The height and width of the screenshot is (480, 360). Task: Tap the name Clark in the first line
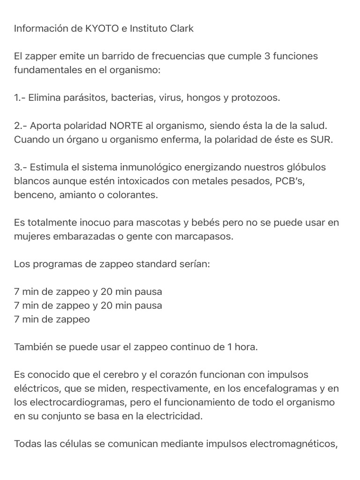(x=180, y=29)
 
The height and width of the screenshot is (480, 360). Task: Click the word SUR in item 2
(x=322, y=140)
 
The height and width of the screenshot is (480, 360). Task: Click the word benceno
(x=35, y=195)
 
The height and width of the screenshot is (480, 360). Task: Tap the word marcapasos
(x=205, y=237)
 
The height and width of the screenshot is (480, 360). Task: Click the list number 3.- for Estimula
(x=21, y=167)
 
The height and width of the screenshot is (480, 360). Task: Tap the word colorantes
(x=133, y=195)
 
